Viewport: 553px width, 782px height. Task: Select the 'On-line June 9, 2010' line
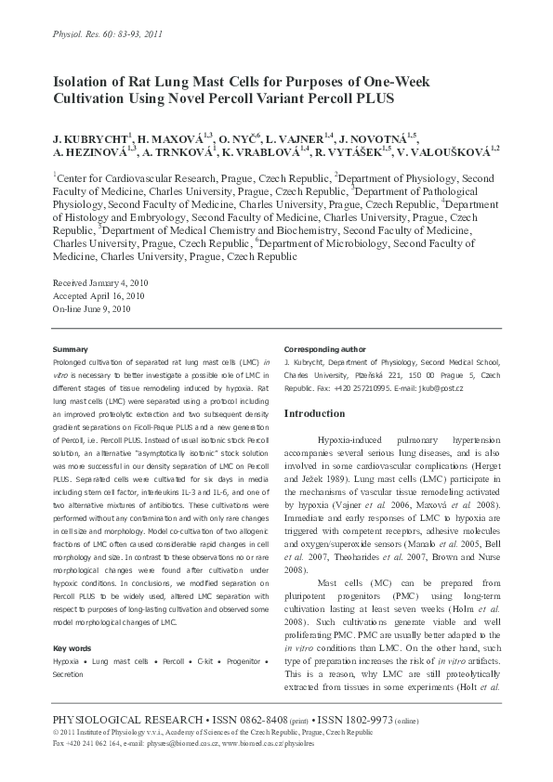point(91,308)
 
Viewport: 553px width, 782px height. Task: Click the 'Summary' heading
point(71,348)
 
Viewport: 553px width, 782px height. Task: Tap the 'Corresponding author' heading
point(322,348)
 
